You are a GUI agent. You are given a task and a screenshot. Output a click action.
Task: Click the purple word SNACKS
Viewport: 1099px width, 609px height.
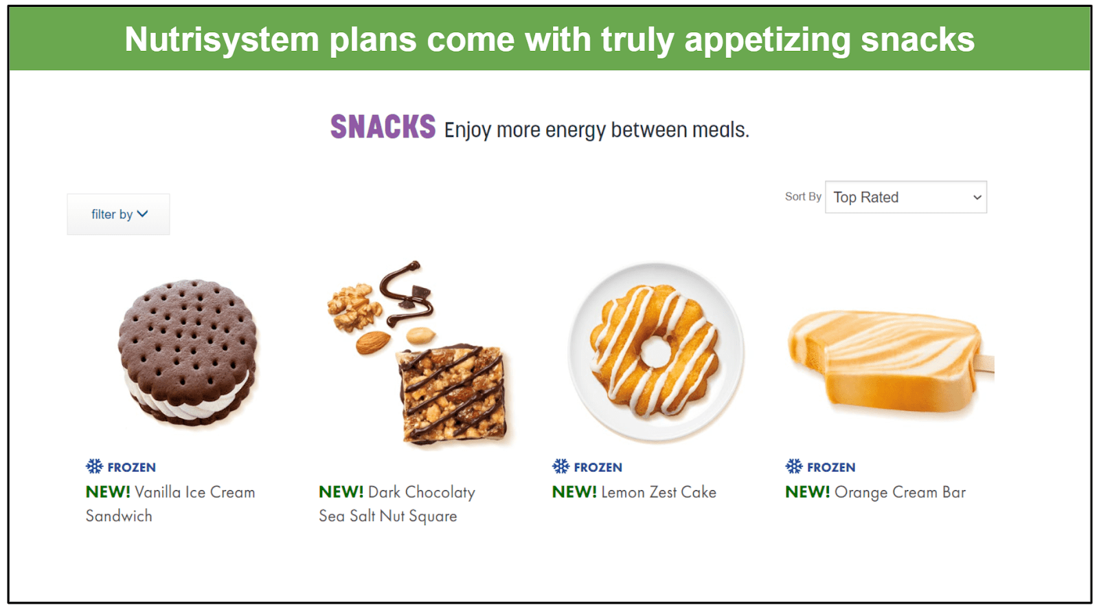[383, 126]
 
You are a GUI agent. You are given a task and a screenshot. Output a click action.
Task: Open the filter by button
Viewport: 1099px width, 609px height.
[118, 214]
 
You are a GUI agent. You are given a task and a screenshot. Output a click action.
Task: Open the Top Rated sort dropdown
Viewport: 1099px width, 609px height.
[906, 197]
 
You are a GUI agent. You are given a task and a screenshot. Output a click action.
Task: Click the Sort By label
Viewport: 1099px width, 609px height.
[803, 197]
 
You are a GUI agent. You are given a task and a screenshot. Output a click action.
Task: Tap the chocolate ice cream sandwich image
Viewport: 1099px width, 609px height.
[188, 352]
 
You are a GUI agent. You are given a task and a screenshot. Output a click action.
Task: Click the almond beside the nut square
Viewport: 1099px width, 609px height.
[373, 342]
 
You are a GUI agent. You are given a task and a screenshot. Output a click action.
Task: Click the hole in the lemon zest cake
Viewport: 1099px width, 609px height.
[656, 352]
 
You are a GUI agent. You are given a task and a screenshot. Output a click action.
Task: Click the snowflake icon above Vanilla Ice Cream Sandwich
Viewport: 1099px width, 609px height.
[94, 466]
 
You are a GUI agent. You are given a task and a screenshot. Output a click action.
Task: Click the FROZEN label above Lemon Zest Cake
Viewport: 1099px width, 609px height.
[598, 467]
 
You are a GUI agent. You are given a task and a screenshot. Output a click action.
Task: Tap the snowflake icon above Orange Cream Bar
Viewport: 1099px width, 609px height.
[794, 466]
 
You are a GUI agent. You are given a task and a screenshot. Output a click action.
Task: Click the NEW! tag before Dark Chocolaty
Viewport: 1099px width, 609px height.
[341, 491]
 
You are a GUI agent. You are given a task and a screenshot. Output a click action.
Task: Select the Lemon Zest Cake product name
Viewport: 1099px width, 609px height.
[659, 492]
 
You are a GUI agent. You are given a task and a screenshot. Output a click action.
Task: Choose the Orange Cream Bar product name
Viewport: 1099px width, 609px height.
[900, 492]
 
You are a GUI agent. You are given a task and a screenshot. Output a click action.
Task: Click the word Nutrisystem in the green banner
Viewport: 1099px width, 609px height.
[222, 39]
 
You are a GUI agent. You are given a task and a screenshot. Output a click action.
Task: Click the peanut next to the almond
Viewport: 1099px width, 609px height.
[421, 335]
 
